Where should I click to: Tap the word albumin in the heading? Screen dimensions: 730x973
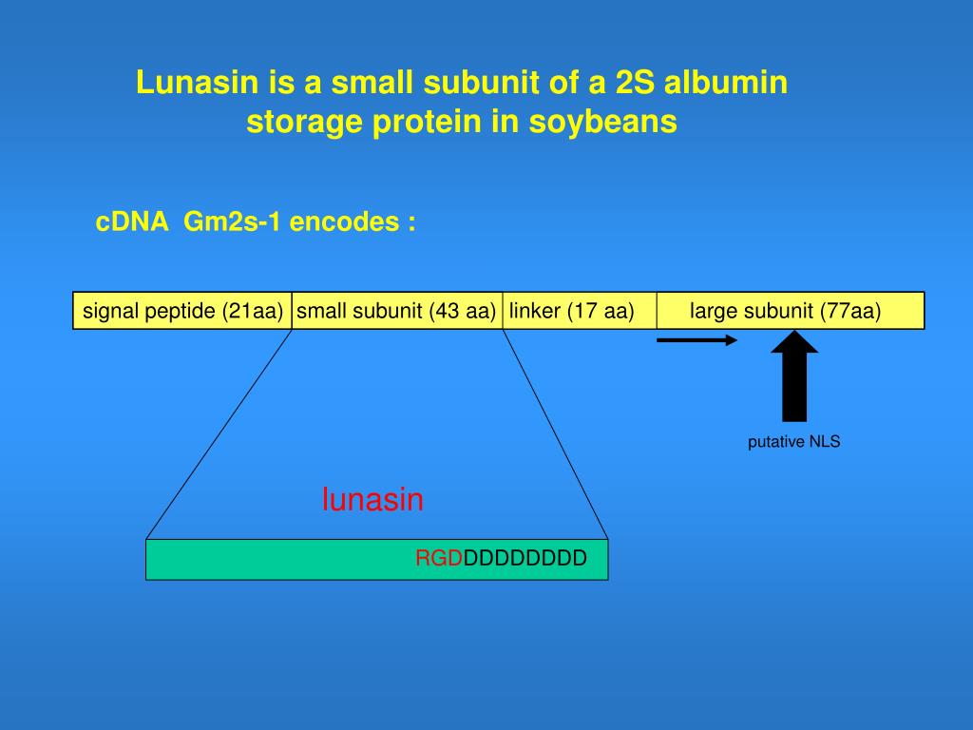tap(726, 84)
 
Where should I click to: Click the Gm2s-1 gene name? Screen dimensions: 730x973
tap(232, 222)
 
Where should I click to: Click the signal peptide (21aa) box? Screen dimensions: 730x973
tap(182, 311)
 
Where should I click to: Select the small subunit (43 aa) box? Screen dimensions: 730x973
tap(396, 311)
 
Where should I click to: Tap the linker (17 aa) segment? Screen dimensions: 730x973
tap(572, 311)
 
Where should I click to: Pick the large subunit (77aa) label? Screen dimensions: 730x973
tap(786, 311)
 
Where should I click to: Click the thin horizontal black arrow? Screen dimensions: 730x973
tap(696, 339)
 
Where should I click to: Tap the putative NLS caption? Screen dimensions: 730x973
tap(794, 442)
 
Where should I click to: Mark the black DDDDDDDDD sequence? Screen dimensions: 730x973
tap(525, 559)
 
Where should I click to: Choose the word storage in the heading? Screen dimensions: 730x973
tap(300, 123)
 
